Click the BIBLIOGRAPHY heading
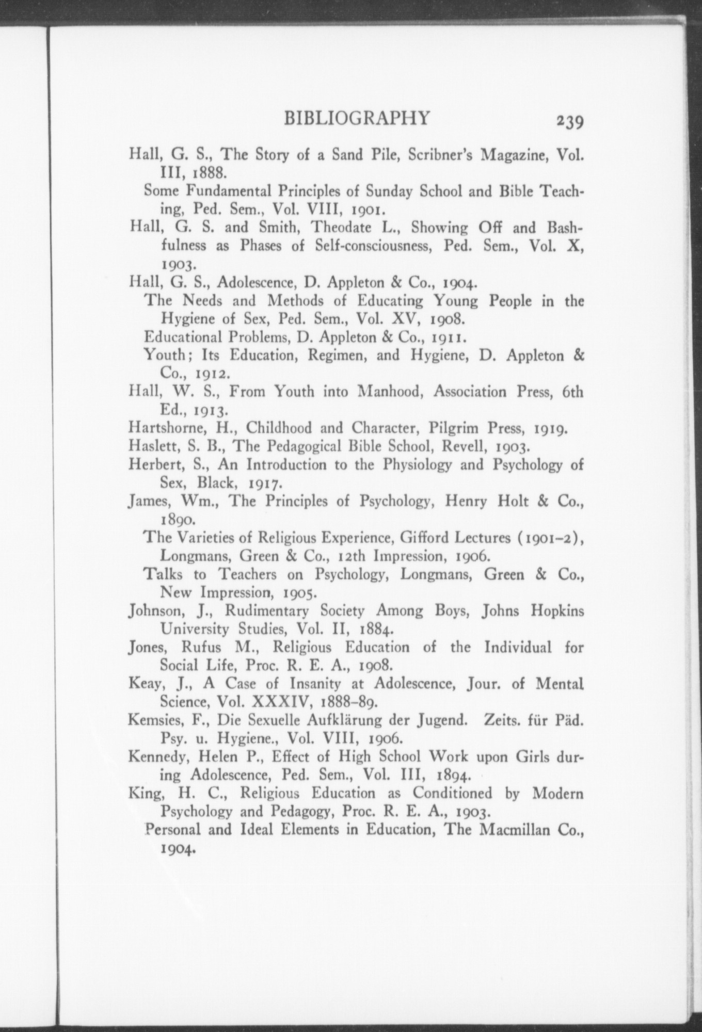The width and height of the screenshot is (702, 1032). pos(357,118)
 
